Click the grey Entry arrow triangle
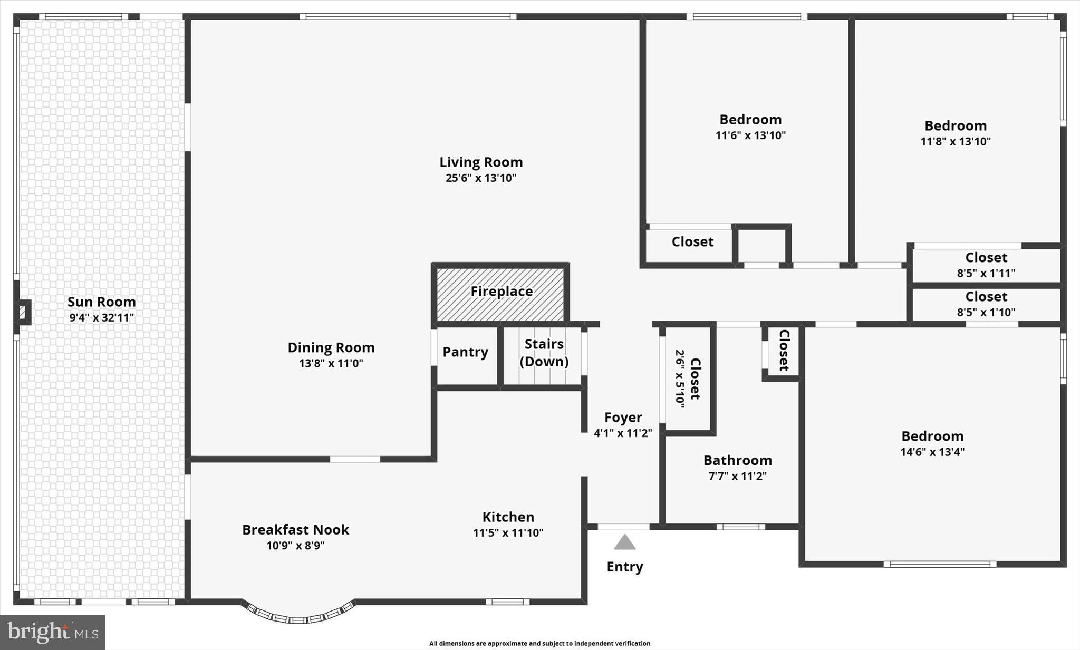624,542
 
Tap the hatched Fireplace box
500,292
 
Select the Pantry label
465,352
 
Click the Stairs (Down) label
544,353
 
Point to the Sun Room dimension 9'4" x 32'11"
102,318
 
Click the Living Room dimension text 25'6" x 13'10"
480,178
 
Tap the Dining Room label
331,348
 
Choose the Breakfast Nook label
295,530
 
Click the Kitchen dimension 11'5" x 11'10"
508,533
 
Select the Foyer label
623,418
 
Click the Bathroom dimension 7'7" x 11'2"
737,477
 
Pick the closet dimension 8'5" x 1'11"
986,273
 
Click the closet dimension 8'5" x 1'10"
986,312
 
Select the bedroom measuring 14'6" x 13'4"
932,443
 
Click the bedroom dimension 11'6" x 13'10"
750,135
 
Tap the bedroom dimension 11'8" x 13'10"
955,142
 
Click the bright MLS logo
53,632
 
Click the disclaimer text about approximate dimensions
539,643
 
